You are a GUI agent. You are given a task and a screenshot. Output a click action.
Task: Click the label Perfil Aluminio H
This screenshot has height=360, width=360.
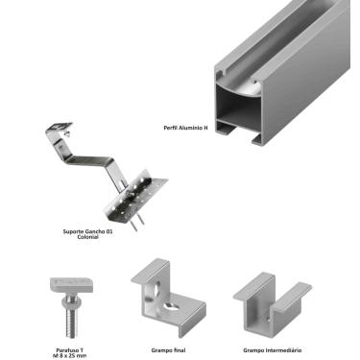tap(185, 128)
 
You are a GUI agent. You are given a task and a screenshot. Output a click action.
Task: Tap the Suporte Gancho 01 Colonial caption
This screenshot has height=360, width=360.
tap(87, 234)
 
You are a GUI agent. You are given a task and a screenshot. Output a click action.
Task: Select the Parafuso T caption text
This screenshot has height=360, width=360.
tap(69, 353)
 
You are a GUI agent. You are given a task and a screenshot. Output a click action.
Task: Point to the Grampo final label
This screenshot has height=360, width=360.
tap(168, 350)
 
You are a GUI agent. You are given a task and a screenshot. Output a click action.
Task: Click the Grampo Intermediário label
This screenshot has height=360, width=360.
tap(273, 350)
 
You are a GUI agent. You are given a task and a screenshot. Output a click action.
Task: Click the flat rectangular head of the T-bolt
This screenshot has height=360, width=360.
tap(72, 284)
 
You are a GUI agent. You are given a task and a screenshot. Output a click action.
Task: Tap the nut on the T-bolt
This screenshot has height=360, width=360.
tap(72, 300)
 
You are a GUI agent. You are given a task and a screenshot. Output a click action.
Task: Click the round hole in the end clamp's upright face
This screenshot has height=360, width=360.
tap(157, 286)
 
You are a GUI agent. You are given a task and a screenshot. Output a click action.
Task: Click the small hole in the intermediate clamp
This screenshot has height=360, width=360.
tap(269, 319)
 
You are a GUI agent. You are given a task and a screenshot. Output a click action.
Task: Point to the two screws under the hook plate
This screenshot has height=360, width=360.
tap(137, 222)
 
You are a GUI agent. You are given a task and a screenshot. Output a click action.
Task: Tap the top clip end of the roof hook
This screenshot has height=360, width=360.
tap(60, 128)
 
